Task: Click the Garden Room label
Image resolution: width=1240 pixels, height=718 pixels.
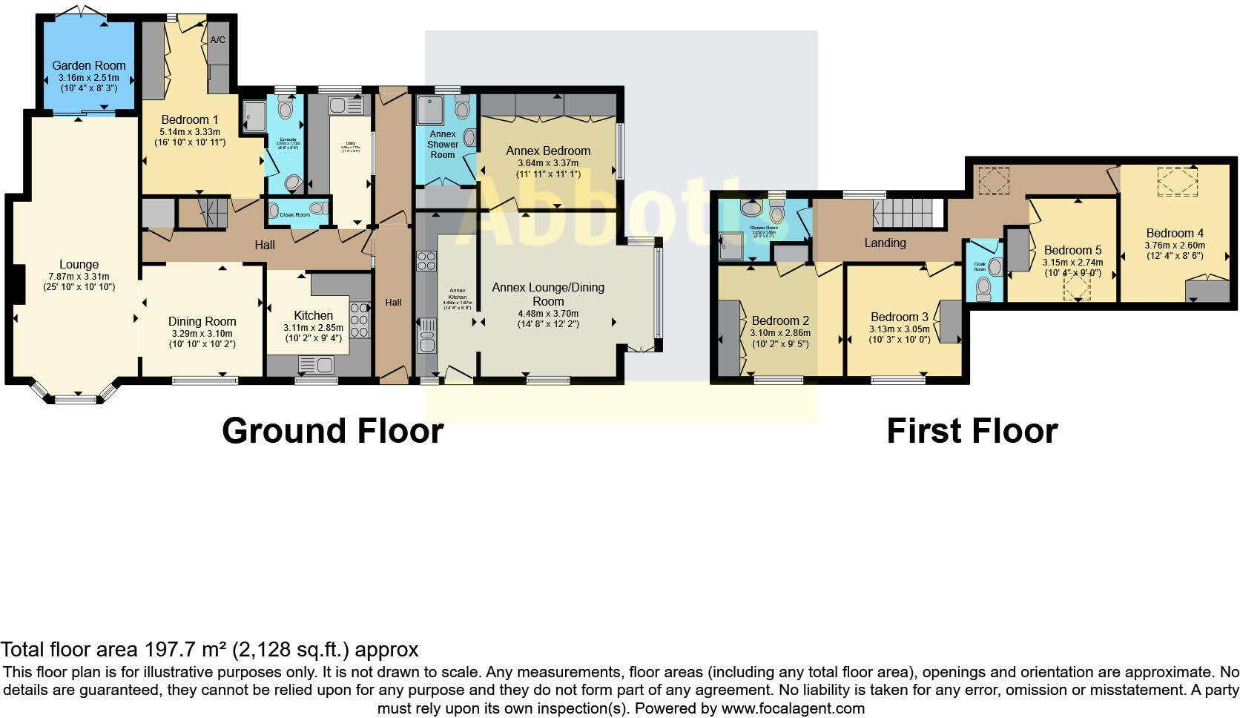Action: pos(88,65)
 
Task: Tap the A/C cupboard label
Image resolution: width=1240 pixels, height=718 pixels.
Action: pos(217,39)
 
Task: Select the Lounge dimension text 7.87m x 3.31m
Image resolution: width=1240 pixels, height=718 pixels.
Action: pos(79,277)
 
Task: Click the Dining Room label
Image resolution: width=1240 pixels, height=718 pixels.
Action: pos(202,321)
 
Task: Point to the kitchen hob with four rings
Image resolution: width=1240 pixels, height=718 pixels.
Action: pos(360,320)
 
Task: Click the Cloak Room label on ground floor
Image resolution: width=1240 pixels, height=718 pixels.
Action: pos(294,215)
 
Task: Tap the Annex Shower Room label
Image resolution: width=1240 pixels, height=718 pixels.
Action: pos(443,144)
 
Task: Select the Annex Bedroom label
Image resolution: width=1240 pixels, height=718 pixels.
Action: pos(548,151)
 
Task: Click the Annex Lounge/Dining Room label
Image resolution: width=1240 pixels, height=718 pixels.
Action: pos(548,294)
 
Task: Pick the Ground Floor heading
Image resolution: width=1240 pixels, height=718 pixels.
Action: pos(332,431)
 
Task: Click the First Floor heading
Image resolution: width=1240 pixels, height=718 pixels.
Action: pos(972,431)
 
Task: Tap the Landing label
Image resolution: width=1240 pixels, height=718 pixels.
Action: pos(885,243)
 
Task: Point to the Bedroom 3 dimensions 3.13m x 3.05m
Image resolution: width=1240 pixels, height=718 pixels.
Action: pos(899,329)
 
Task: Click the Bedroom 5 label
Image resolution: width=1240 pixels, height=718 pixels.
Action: pos(1072,250)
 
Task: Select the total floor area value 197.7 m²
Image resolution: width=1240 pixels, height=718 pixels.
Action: pos(185,650)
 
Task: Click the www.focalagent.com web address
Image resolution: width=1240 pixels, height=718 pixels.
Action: pos(792,708)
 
